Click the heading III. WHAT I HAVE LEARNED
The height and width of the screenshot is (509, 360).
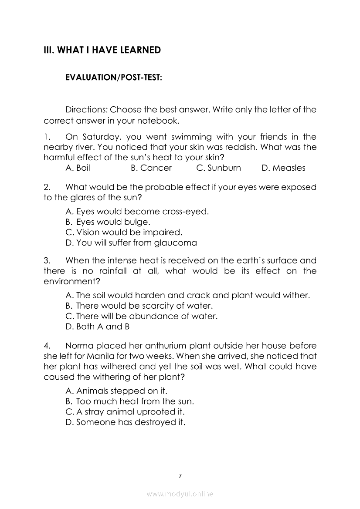(x=102, y=50)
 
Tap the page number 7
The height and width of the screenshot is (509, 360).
(x=180, y=475)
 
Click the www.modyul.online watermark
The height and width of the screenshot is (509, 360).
(x=180, y=494)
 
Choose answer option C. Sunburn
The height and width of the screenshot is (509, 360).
(x=218, y=168)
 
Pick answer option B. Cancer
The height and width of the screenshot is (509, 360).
(x=151, y=168)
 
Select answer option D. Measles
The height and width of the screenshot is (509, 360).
(x=283, y=168)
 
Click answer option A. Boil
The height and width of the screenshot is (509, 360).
(x=78, y=168)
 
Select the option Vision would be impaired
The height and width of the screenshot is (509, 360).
(x=124, y=232)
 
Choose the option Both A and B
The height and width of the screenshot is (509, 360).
(x=98, y=326)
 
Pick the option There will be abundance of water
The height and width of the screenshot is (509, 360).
(x=141, y=316)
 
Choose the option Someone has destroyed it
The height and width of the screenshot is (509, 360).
(x=126, y=422)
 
